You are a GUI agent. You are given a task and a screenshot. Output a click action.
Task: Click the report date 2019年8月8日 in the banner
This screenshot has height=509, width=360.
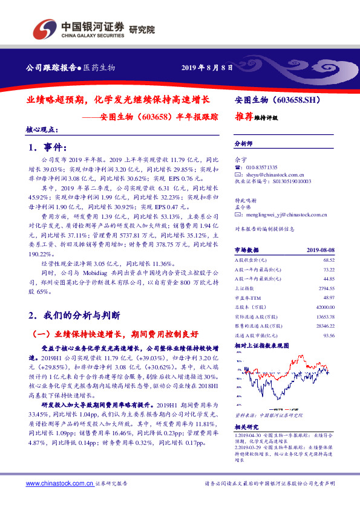tap(207, 68)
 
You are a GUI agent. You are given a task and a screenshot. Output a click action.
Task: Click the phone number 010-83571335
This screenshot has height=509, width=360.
tap(259, 166)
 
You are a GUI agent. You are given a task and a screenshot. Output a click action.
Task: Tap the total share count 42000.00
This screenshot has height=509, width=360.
tap(325, 308)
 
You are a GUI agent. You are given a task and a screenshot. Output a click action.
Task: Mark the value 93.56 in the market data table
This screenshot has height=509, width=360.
tap(329, 335)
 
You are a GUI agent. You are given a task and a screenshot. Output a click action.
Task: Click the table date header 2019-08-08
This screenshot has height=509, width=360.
tap(320, 249)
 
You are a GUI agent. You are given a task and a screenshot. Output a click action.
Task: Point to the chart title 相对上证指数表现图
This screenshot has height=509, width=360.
tap(261, 345)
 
